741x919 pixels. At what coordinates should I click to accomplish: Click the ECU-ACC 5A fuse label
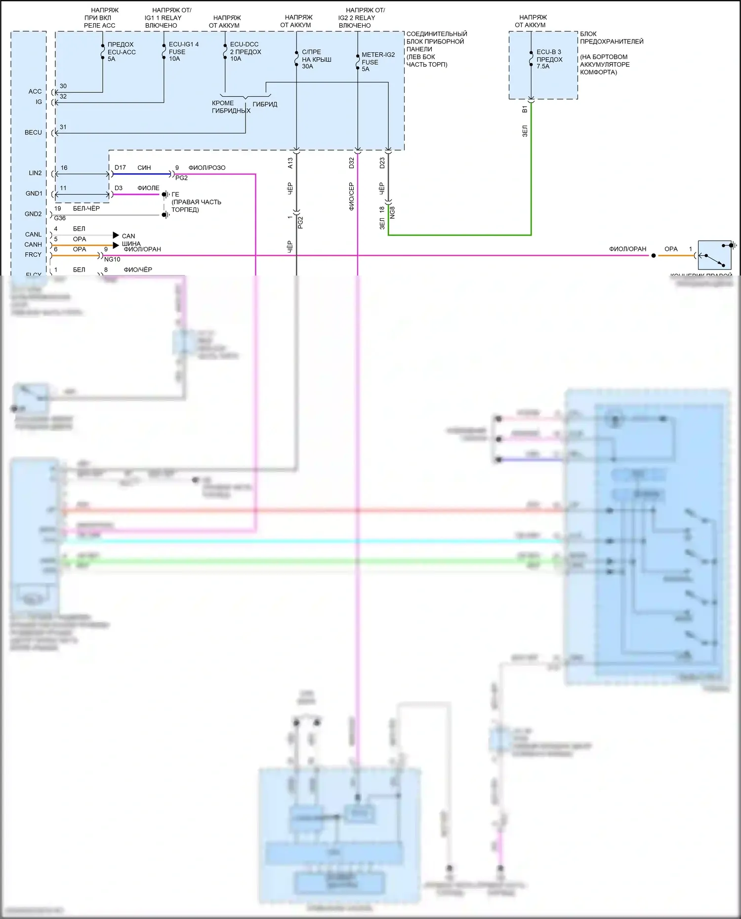tap(121, 52)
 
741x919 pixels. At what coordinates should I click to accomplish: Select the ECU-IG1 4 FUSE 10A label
tap(183, 51)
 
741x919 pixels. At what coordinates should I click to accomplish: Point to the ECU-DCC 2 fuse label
tap(245, 51)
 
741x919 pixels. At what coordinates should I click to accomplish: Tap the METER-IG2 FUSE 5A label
tap(378, 62)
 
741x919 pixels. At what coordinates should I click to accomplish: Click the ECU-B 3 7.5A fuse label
tap(549, 59)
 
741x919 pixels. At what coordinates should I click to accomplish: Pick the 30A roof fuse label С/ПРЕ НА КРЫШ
tap(316, 59)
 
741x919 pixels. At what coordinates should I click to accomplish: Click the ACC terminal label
tap(35, 91)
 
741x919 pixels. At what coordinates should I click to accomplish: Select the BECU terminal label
tap(33, 132)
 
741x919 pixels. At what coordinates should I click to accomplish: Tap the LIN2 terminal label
tap(35, 173)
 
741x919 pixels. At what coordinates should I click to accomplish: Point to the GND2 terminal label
tap(33, 214)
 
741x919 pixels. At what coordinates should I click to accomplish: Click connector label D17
tap(120, 167)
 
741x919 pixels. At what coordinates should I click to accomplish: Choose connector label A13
tap(290, 163)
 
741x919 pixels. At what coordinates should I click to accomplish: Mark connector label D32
tap(351, 163)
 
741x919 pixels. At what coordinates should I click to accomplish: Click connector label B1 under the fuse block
tap(525, 109)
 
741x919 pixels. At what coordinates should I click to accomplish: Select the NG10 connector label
tap(112, 259)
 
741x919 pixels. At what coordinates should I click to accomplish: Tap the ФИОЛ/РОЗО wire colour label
tap(206, 168)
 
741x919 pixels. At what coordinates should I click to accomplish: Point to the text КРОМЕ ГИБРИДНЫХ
tap(230, 107)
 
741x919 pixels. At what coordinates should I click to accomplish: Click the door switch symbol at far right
tap(714, 255)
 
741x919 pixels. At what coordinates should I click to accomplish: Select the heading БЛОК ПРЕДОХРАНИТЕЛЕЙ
tap(612, 38)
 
